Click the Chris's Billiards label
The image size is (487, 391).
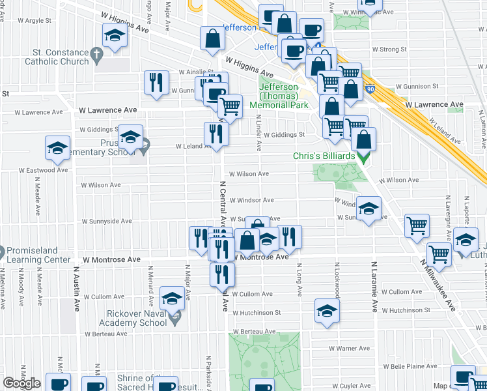point(323,156)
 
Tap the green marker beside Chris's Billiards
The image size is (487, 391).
point(363,157)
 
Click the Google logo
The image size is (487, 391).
point(21,383)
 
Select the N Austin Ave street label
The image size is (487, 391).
point(76,287)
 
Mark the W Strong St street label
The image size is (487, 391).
point(389,49)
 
